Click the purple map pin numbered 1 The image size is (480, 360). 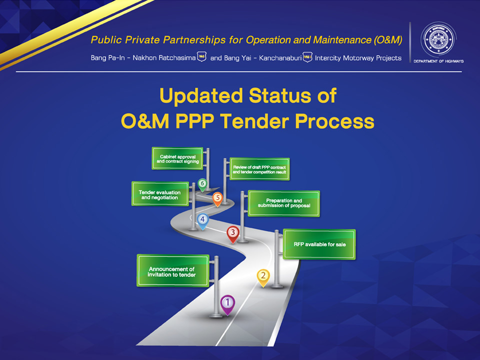[227, 304]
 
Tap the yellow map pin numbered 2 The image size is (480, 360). [263, 277]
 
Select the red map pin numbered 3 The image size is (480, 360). [233, 234]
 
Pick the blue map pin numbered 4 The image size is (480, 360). [202, 221]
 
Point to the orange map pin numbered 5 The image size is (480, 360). [217, 199]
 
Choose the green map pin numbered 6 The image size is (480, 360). [202, 185]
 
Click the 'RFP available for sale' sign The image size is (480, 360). [319, 244]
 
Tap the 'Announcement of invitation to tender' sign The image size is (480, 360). [173, 270]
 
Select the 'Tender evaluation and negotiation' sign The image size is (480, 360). [160, 194]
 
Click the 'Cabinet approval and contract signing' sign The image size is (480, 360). [177, 158]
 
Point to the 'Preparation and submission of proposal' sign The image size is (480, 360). [284, 203]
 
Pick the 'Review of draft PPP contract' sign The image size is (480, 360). [259, 169]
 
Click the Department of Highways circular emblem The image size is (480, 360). [438, 39]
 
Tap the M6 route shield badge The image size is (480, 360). [201, 56]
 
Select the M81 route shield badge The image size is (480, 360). [307, 57]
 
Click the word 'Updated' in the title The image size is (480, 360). [201, 96]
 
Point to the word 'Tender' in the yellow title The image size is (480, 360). [254, 121]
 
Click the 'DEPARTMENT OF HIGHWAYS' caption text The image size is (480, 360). [438, 61]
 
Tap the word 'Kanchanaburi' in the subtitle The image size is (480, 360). [280, 58]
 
